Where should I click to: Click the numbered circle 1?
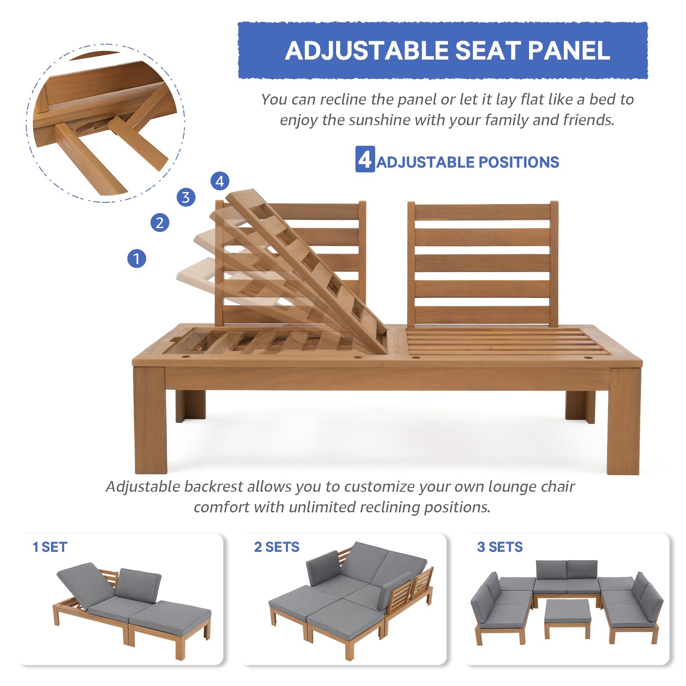pos(137,259)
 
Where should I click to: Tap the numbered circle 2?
pos(160,223)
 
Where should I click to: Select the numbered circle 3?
pos(186,197)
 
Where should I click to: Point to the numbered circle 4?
pos(220,181)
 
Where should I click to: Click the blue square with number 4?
pos(365,159)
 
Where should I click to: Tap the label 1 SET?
pos(50,547)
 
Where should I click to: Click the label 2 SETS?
pos(277,547)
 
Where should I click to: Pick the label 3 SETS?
pos(499,547)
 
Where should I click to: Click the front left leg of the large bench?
pos(150,420)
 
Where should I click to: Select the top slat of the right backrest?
pos(482,212)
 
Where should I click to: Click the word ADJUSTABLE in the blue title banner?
pos(367,51)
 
